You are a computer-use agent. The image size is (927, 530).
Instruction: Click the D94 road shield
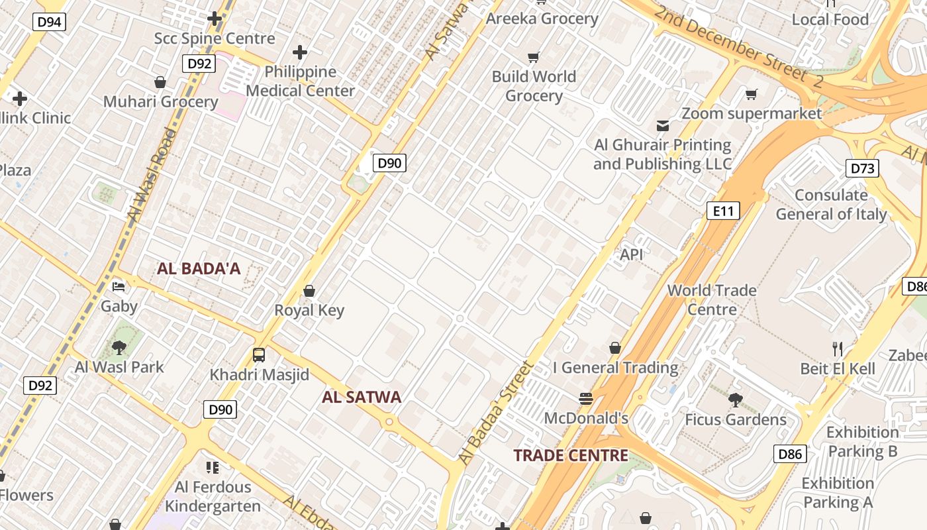[x=49, y=22]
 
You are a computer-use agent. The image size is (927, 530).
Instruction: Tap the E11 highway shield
[x=722, y=211]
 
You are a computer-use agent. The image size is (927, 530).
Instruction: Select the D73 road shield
[x=862, y=168]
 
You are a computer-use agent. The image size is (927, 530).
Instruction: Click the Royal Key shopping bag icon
[x=309, y=291]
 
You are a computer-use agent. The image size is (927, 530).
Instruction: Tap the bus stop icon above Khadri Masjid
[x=259, y=354]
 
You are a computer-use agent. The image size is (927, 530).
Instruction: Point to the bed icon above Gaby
[x=119, y=287]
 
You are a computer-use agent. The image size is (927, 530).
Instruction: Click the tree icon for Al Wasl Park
[x=119, y=347]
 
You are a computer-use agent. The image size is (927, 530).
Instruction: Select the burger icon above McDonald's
[x=585, y=398]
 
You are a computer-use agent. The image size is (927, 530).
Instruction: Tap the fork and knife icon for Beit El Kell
[x=838, y=348]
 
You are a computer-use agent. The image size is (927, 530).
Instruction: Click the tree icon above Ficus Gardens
[x=735, y=399]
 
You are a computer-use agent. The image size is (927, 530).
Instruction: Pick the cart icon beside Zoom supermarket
[x=751, y=95]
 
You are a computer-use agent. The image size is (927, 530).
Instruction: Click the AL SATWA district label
[x=362, y=397]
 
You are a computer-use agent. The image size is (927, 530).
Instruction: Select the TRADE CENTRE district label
[x=571, y=455]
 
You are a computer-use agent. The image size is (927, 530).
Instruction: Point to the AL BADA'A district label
[x=199, y=269]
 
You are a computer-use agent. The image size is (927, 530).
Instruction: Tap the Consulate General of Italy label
[x=831, y=205]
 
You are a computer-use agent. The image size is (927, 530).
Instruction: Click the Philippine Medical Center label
[x=301, y=81]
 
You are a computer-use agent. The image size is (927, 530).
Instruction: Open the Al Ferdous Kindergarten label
[x=213, y=497]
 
